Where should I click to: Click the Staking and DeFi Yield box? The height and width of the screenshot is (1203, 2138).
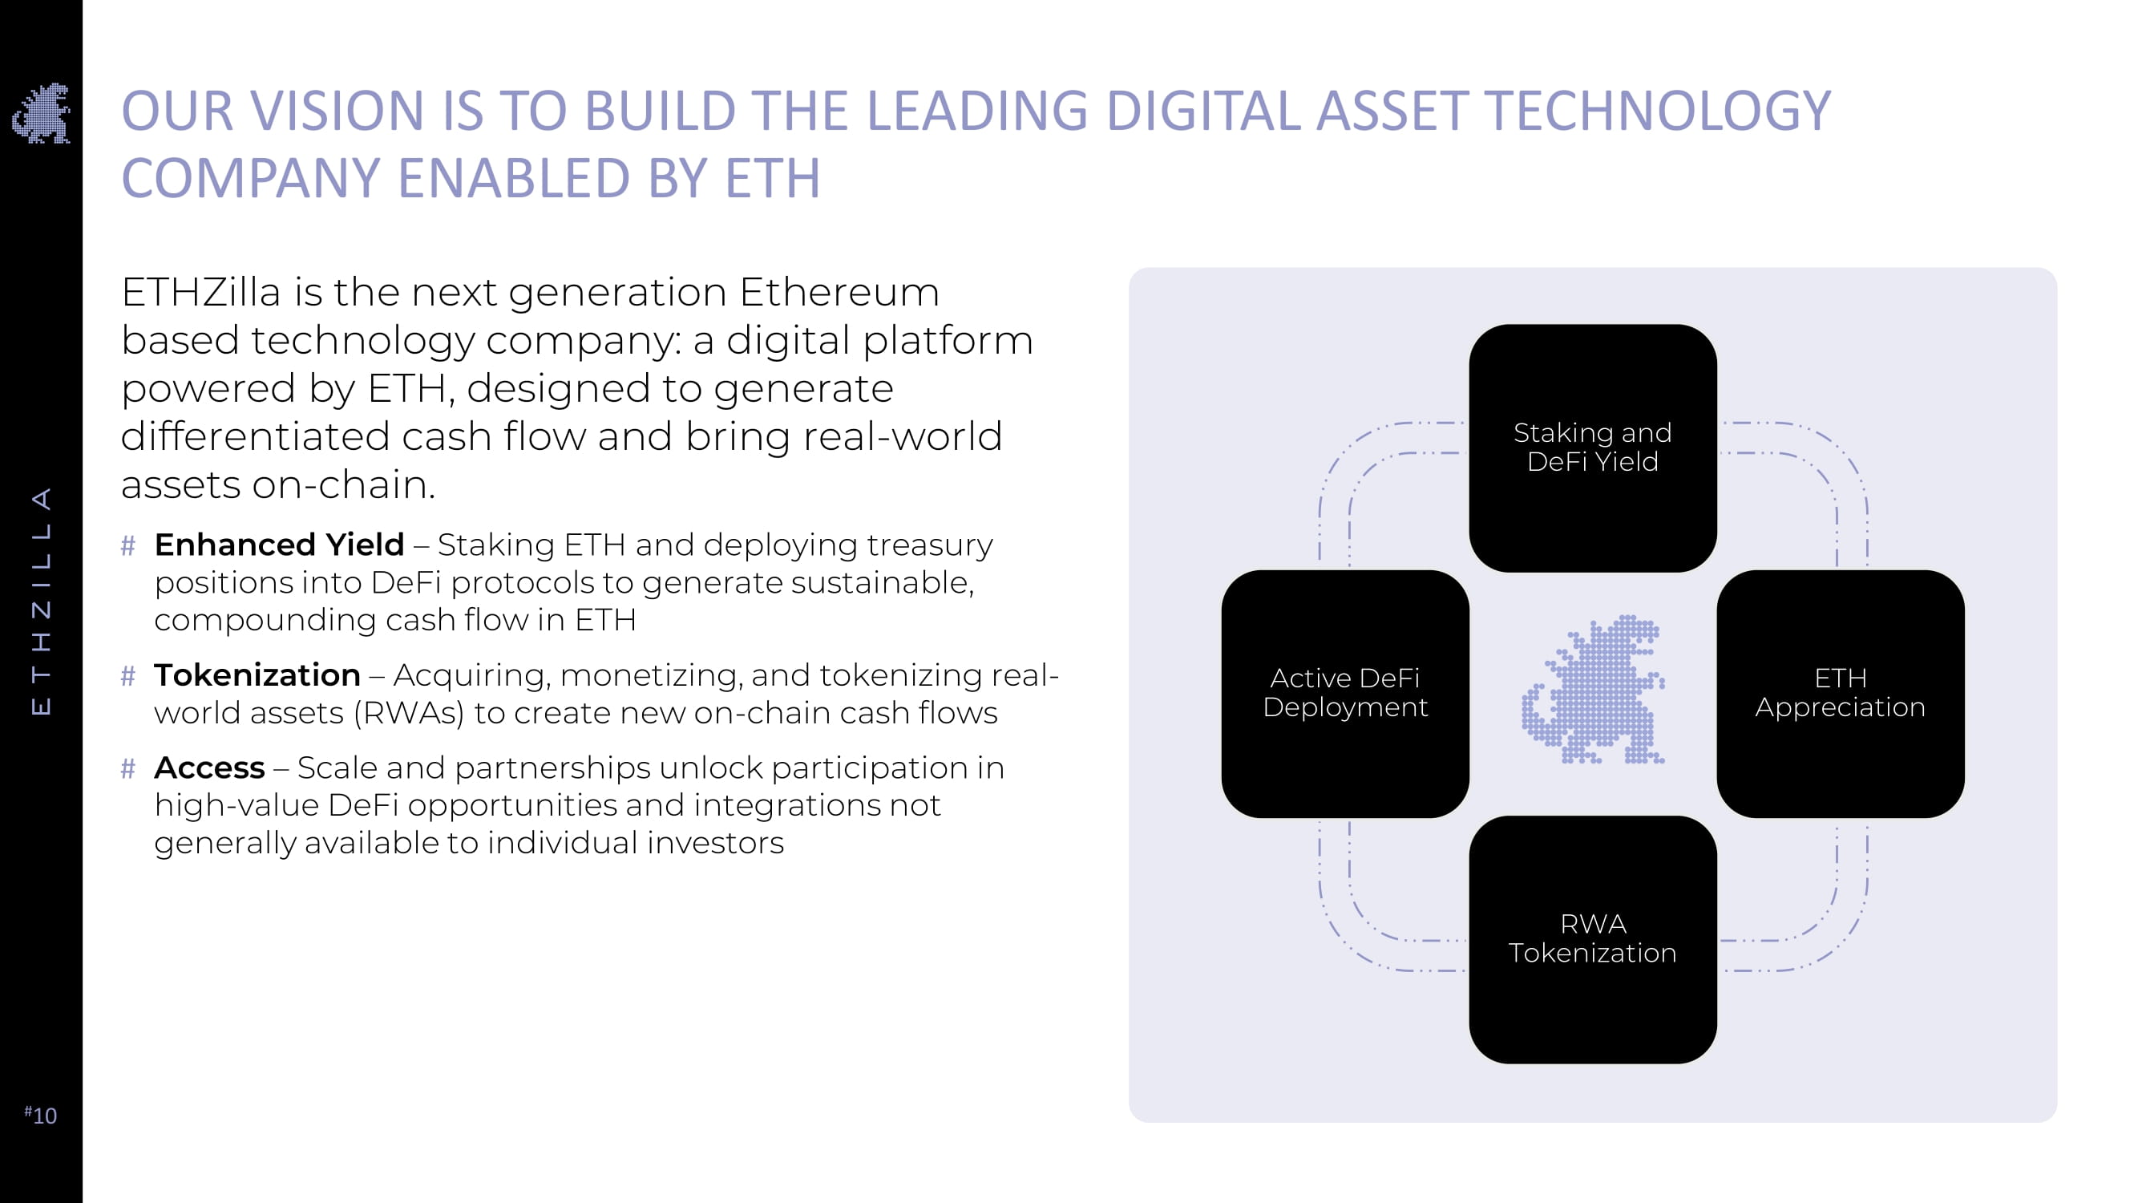click(1592, 448)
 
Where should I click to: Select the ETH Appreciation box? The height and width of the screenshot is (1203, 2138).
click(1840, 693)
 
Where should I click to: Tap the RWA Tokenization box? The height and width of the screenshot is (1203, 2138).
click(1592, 939)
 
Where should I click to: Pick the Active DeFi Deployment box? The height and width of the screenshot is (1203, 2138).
click(1344, 693)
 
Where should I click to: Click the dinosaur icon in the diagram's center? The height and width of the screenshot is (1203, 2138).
click(1593, 690)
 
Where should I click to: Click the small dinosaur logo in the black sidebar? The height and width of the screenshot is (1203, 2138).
click(42, 114)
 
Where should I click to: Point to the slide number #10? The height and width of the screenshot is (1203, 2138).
click(41, 1114)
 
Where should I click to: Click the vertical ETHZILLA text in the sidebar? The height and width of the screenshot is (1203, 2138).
click(42, 600)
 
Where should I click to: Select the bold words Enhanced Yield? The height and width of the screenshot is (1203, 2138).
click(279, 545)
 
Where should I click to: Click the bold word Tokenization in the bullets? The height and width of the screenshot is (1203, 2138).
click(257, 675)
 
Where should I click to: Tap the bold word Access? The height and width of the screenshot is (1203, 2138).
click(209, 768)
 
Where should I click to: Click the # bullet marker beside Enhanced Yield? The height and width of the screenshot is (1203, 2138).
click(127, 545)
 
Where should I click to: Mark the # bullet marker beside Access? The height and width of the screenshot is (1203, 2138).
click(127, 769)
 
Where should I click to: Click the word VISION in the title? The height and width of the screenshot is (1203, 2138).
click(337, 111)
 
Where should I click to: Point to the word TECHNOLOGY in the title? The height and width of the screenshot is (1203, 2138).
click(1657, 111)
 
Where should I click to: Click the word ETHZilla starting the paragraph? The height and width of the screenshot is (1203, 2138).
click(201, 292)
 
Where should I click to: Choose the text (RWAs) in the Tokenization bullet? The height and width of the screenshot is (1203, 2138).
click(408, 713)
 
